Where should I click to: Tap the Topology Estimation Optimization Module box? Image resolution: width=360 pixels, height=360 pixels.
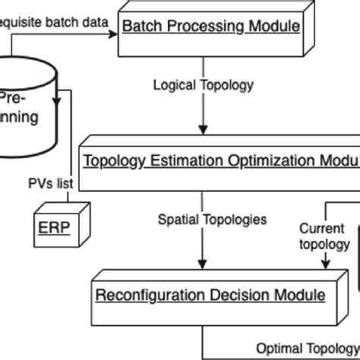click(x=220, y=161)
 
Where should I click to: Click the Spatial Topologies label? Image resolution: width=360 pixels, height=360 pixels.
click(x=212, y=219)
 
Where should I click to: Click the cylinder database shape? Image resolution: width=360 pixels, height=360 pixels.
click(x=23, y=106)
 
